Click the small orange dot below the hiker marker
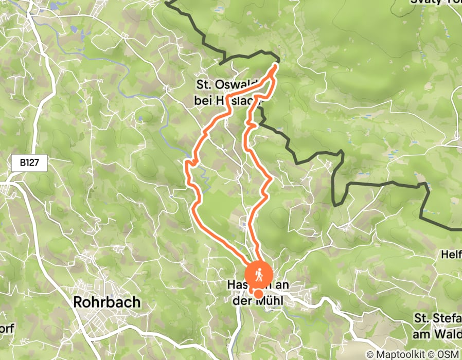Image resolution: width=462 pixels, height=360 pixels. (259, 294)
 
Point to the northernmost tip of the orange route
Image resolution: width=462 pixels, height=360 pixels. (276, 65)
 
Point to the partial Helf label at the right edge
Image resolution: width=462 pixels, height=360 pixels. (451, 254)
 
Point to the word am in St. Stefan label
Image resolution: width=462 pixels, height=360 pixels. (423, 334)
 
